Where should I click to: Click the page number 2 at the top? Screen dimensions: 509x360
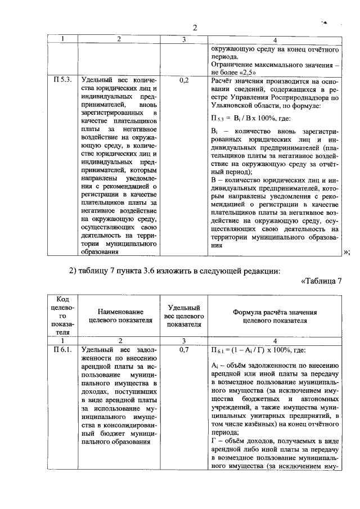pos(195,28)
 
